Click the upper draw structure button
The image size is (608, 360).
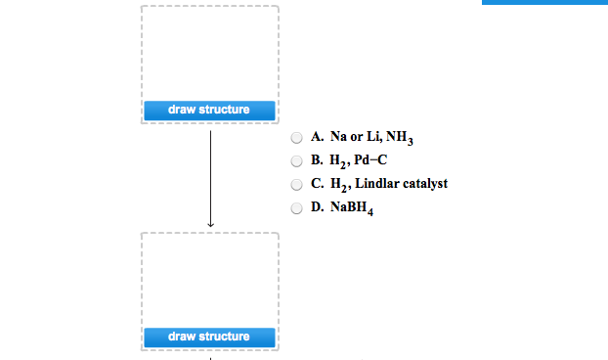[x=209, y=111]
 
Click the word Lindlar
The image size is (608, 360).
[x=375, y=184]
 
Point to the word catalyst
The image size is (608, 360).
[x=424, y=184]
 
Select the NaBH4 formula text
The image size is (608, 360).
[x=354, y=207]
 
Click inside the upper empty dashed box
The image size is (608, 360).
[x=209, y=54]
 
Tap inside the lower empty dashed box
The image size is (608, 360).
[x=209, y=280]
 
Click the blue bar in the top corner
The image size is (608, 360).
[x=544, y=3]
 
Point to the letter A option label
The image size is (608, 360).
[x=317, y=138]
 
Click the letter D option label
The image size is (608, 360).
[x=317, y=207]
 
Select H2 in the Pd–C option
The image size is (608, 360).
[x=338, y=161]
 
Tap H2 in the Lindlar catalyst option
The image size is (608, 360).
[x=338, y=184]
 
